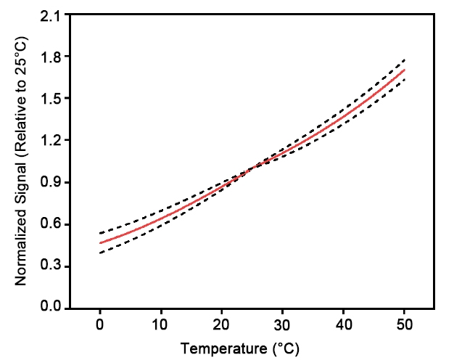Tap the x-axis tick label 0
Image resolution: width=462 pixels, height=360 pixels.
pyautogui.click(x=100, y=322)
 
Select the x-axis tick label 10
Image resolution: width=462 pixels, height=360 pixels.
pyautogui.click(x=161, y=322)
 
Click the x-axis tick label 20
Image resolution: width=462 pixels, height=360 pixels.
pyautogui.click(x=222, y=322)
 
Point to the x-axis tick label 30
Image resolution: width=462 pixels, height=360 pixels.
pyautogui.click(x=282, y=322)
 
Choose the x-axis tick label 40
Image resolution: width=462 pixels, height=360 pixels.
pyautogui.click(x=343, y=322)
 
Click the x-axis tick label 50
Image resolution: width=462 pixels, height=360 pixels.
pyautogui.click(x=404, y=322)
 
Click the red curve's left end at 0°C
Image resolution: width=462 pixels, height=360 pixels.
pyautogui.click(x=100, y=242)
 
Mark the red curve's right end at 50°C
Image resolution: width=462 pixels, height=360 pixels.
pyautogui.click(x=404, y=70)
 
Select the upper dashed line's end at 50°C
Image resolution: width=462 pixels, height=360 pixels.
pyautogui.click(x=404, y=60)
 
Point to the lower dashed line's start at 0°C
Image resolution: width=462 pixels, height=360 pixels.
pyautogui.click(x=100, y=253)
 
